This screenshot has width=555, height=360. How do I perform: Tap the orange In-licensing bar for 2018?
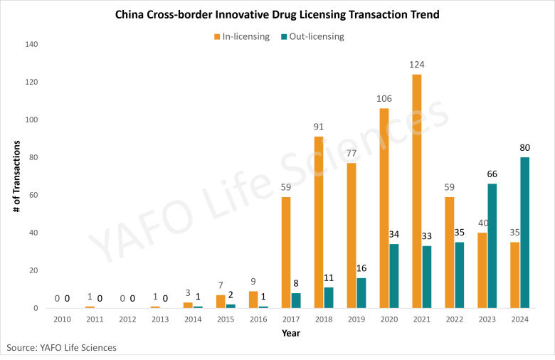coord(319,222)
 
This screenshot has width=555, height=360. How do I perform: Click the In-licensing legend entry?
coord(243,36)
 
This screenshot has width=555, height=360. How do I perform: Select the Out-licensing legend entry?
coord(313,36)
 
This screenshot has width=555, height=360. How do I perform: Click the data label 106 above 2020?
coord(384,98)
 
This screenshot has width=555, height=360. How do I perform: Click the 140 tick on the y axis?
coord(31,45)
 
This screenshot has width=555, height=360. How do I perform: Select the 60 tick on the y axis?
coord(33,195)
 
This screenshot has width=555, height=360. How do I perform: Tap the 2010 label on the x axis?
coord(61,319)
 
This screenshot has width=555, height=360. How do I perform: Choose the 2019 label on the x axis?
coord(356,319)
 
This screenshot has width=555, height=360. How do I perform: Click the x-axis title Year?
coord(290,332)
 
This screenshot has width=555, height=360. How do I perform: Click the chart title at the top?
coord(277,14)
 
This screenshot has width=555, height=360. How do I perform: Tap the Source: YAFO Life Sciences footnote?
coord(61,347)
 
